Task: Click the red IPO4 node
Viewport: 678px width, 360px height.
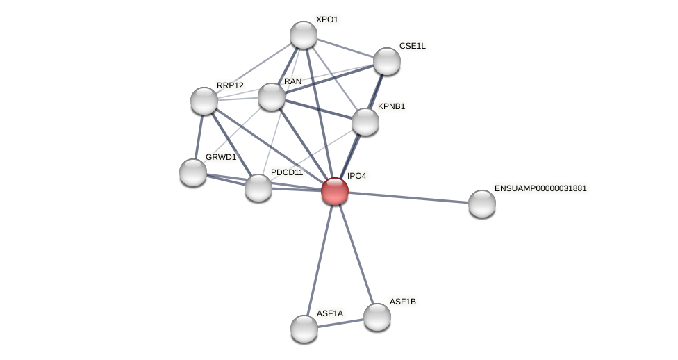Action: pos(335,191)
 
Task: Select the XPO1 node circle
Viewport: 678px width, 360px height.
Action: pos(304,35)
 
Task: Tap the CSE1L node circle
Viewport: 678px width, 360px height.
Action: pos(387,61)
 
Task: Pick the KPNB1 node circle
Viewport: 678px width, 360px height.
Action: pos(365,122)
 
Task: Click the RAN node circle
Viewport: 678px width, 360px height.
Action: pos(272,97)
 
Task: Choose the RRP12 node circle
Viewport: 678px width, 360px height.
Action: pos(204,101)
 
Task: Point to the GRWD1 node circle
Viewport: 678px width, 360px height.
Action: pos(193,172)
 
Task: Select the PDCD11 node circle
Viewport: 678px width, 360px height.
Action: pos(258,188)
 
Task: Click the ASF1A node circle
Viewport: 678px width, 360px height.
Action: pos(304,329)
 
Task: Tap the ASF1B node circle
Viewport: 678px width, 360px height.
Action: pos(377,317)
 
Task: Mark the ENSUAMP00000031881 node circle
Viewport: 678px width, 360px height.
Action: pos(482,204)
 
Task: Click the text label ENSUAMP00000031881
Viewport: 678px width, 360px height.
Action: pos(540,188)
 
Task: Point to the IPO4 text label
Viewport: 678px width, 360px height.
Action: pos(356,176)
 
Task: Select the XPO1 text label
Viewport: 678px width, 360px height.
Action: pos(326,19)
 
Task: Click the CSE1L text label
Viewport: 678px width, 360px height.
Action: pos(412,46)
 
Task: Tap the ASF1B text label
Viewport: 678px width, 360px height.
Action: pos(402,302)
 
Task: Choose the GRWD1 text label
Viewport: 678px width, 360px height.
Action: pos(221,157)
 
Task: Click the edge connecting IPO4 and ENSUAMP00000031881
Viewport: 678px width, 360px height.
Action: pos(410,197)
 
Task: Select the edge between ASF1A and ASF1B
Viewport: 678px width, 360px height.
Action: pos(340,322)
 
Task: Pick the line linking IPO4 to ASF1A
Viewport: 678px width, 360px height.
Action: pos(320,260)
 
